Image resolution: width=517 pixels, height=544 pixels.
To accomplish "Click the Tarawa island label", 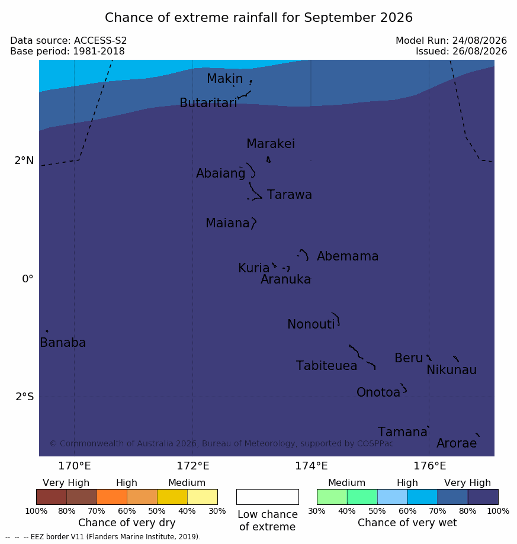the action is [x=289, y=195].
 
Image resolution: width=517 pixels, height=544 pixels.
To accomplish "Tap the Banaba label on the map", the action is [x=63, y=342].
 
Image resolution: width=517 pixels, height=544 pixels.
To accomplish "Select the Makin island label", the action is [x=224, y=78].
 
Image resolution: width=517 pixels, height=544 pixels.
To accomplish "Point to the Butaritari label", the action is [x=208, y=102].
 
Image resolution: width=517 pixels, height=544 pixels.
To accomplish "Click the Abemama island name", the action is [x=347, y=256].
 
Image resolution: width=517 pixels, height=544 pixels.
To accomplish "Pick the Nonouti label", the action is [x=311, y=324].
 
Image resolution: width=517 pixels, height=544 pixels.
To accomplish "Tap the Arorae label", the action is [x=456, y=443].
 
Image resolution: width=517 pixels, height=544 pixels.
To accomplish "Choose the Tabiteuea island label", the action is [x=326, y=366].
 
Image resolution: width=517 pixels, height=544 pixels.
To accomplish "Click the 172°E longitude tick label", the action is [x=193, y=466].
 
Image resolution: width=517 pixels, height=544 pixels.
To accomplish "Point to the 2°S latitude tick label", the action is [x=25, y=397].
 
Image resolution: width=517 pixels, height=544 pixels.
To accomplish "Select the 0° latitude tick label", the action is [x=27, y=279].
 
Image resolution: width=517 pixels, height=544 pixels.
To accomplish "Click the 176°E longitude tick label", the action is [x=429, y=466].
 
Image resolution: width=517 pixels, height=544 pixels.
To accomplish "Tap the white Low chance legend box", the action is [x=268, y=497].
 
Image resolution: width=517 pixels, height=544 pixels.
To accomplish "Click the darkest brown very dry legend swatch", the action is [x=52, y=497].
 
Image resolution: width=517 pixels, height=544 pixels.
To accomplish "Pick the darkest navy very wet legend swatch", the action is [x=483, y=497].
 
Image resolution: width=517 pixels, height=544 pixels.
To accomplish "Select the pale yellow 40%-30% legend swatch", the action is [x=203, y=497].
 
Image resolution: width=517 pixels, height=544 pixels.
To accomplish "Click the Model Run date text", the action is [x=480, y=41].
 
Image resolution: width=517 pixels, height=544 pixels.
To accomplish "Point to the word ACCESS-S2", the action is [x=100, y=41].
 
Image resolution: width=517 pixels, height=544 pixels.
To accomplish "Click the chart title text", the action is [x=259, y=17].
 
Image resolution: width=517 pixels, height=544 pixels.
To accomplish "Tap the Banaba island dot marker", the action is [x=47, y=331].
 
